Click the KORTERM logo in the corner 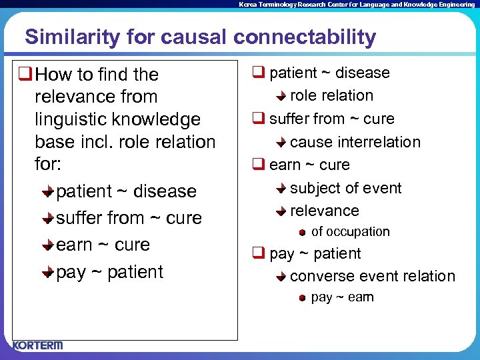[x=37, y=345]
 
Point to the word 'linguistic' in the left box [x=74, y=119]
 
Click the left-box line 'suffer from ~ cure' [x=129, y=218]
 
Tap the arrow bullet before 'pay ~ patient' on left [x=47, y=272]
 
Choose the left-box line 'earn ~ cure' [x=103, y=245]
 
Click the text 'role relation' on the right [x=331, y=95]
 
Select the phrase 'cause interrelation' [x=355, y=142]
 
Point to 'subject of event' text [x=345, y=188]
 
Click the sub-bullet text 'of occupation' [x=350, y=232]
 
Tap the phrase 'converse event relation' [x=373, y=276]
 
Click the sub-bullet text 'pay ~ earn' [x=342, y=297]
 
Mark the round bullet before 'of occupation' [x=302, y=233]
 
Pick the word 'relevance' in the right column [x=324, y=211]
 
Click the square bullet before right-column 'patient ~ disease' [x=258, y=73]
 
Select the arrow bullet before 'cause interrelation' [x=281, y=143]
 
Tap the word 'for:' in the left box [x=48, y=164]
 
